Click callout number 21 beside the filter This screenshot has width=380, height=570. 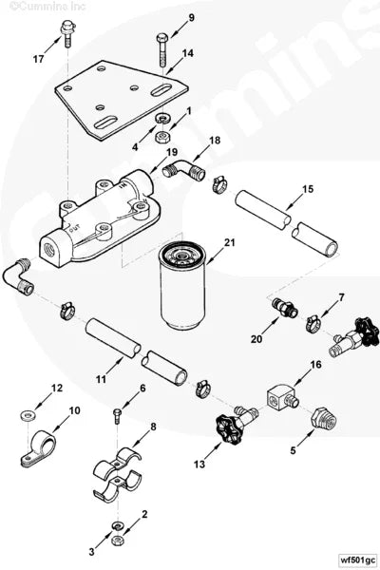pyautogui.click(x=229, y=244)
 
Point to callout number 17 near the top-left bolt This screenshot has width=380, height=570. pyautogui.click(x=38, y=59)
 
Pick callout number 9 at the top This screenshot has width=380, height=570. pyautogui.click(x=191, y=18)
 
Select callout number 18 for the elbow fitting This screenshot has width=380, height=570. pyautogui.click(x=214, y=141)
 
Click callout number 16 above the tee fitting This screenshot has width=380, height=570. pyautogui.click(x=316, y=364)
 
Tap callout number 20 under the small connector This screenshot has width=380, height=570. pyautogui.click(x=257, y=339)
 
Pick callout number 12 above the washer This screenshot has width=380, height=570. pyautogui.click(x=57, y=388)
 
